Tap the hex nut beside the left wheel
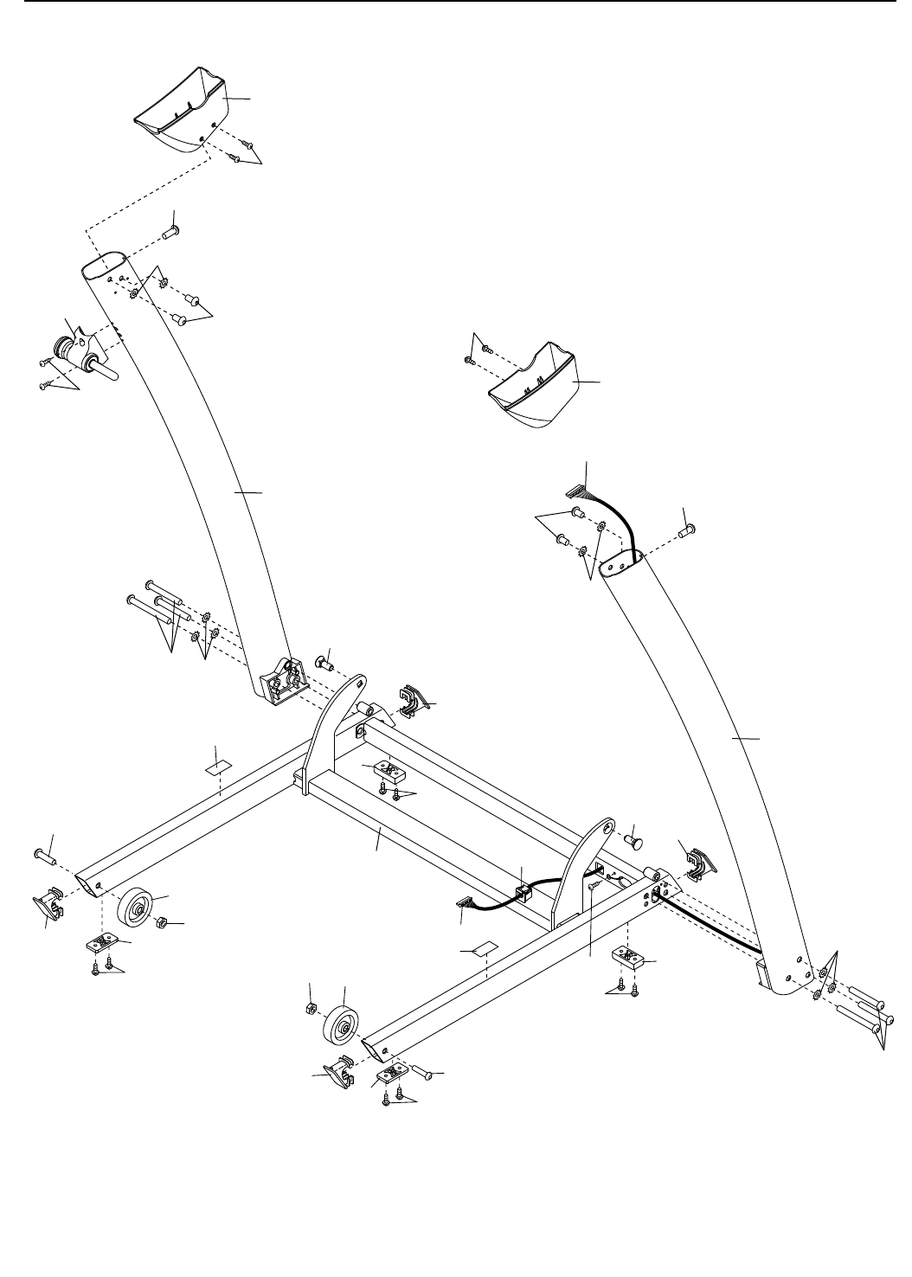160,925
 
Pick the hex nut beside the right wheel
309,1010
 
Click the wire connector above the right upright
576,493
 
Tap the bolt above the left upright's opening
170,232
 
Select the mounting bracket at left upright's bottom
281,680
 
